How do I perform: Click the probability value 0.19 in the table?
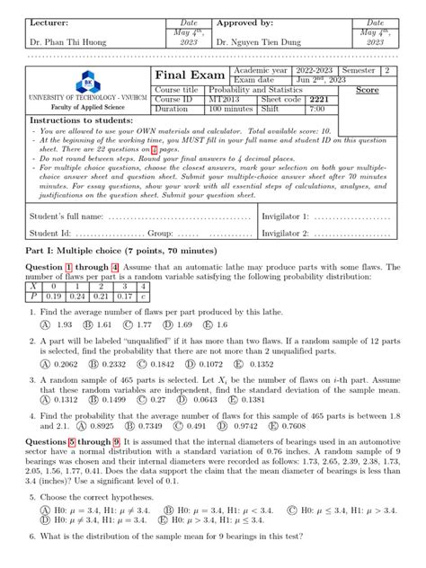click(x=53, y=294)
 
